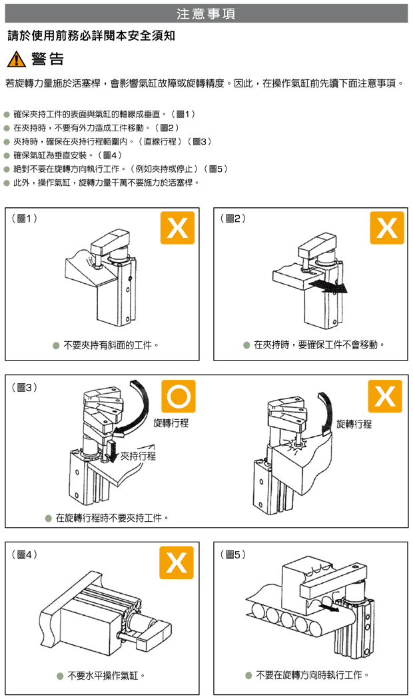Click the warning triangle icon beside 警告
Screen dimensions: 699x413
pos(15,59)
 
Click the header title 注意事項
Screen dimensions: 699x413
pos(206,13)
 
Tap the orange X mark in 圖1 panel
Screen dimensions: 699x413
pos(177,228)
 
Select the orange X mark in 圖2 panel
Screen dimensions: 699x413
pos(387,228)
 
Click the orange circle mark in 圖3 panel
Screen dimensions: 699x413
pos(178,396)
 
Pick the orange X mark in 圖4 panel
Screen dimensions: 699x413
pos(177,562)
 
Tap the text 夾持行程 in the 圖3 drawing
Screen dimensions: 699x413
pos(139,456)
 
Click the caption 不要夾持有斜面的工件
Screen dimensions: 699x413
pos(111,345)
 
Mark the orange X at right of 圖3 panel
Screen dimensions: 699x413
pos(385,396)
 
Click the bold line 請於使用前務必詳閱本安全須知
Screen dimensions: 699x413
pos(91,35)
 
